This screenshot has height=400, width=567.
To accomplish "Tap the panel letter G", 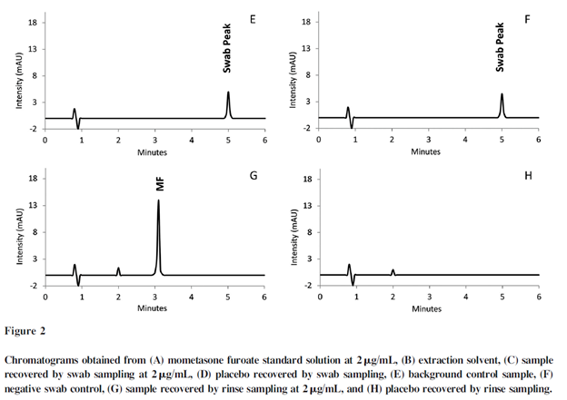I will [x=252, y=174].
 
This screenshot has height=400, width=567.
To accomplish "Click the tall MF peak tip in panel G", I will [x=158, y=200].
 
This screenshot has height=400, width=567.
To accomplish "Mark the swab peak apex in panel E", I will [x=228, y=93].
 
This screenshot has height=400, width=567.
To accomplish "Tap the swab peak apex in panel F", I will [x=502, y=94].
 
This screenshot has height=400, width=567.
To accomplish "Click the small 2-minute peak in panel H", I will [x=393, y=270].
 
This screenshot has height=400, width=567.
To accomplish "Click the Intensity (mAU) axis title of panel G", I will [x=20, y=231].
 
